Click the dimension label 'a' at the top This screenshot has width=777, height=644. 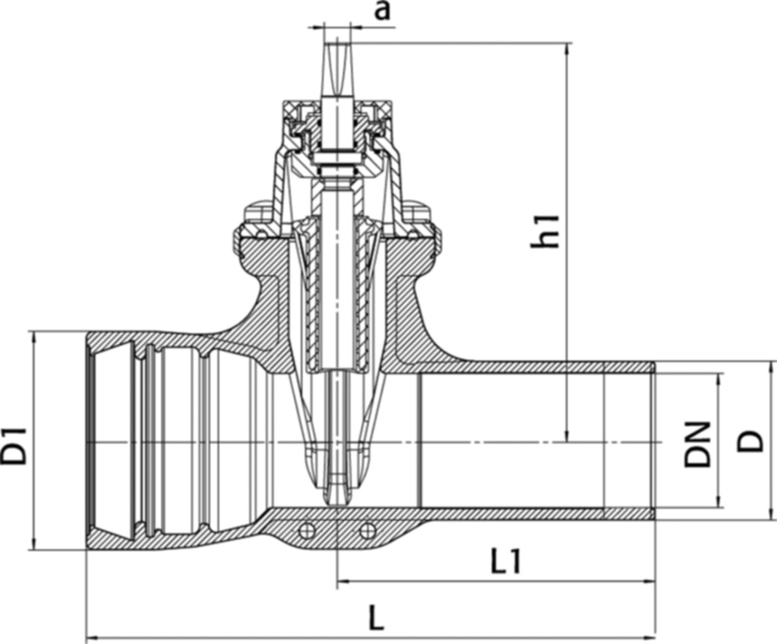[381, 11]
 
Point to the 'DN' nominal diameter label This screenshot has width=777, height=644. [697, 444]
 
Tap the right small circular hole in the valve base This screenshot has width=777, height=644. [365, 531]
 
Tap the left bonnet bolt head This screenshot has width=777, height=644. [257, 214]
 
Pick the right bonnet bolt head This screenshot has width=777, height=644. [417, 214]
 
